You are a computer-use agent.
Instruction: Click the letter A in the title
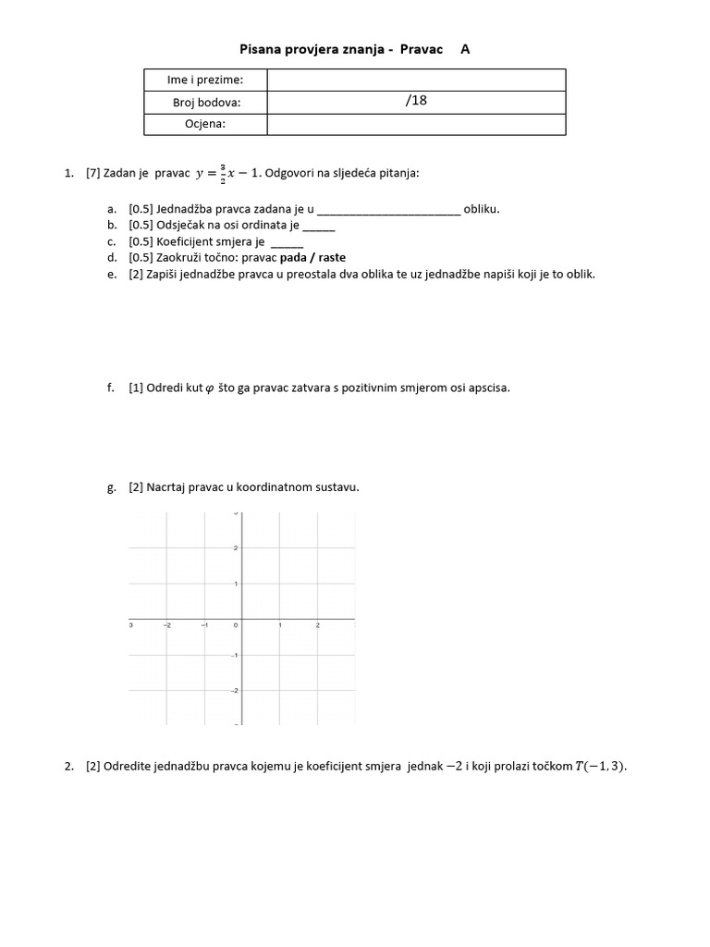coord(465,49)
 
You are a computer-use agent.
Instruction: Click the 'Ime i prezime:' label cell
coord(205,80)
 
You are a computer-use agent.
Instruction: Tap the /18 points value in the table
coord(416,101)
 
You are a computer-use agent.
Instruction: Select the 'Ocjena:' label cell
coord(205,123)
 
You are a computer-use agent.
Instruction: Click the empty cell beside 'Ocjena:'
coord(416,123)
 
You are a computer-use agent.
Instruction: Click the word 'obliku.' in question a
coord(482,209)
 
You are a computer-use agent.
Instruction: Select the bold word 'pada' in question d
coord(294,258)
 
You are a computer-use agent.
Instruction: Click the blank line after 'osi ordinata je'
coord(319,226)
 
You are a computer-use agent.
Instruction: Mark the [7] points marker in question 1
coord(92,172)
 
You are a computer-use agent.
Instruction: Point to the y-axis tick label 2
coord(236,548)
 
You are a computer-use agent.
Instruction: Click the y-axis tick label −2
coord(234,691)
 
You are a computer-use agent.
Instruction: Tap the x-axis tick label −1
coord(204,626)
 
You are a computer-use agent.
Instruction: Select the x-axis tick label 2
coord(318,626)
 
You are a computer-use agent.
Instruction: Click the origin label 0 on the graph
coord(236,626)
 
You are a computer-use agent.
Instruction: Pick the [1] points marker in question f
coord(136,387)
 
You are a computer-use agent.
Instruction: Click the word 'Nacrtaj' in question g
coord(166,487)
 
